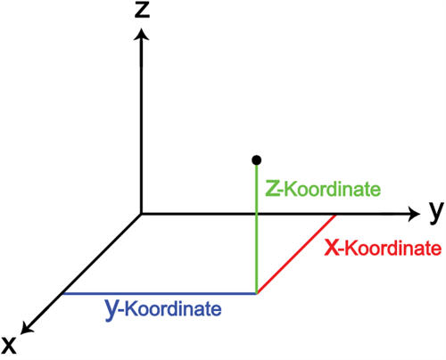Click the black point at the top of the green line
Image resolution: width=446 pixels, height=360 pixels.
click(256, 160)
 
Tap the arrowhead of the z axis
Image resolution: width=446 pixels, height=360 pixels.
click(142, 34)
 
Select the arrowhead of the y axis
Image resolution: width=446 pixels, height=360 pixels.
click(414, 214)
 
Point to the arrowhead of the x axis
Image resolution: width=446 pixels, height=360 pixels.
click(26, 328)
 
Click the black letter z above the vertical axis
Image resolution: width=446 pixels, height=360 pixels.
click(142, 11)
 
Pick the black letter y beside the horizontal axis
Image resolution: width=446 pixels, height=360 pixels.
click(436, 212)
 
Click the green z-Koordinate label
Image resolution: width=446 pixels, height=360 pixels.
click(323, 189)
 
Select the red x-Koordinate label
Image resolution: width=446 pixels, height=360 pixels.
click(383, 248)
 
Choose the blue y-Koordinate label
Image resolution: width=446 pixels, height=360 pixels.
click(163, 308)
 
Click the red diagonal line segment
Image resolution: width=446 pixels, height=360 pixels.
click(296, 254)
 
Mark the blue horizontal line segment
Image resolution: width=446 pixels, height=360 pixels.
click(160, 294)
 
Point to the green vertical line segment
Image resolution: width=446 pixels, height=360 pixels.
click(256, 229)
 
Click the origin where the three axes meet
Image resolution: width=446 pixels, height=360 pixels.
click(141, 214)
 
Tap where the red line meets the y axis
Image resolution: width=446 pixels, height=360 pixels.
click(335, 214)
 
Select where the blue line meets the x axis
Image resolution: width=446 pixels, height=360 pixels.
click(62, 294)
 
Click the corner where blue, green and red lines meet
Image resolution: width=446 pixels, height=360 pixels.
click(257, 293)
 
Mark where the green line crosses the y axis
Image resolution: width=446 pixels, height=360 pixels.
click(256, 214)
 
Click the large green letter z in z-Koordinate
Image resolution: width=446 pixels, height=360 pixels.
click(273, 189)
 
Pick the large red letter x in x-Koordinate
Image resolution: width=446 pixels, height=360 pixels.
click(332, 248)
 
